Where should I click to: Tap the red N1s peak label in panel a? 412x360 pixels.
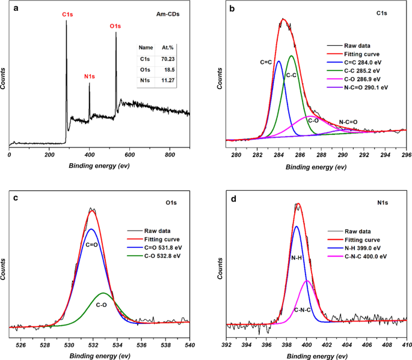coord(90,77)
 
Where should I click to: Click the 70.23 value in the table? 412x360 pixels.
coord(168,59)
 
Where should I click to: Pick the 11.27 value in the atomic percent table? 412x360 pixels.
coord(168,81)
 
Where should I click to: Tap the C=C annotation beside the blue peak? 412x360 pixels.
coord(267,62)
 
